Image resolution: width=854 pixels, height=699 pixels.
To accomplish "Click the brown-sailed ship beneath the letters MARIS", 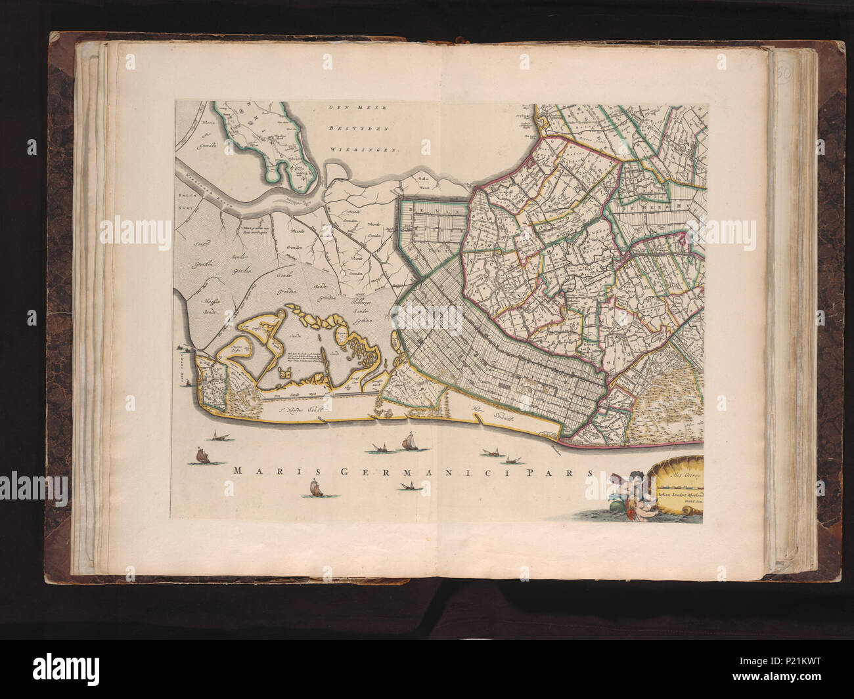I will click(314, 489).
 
